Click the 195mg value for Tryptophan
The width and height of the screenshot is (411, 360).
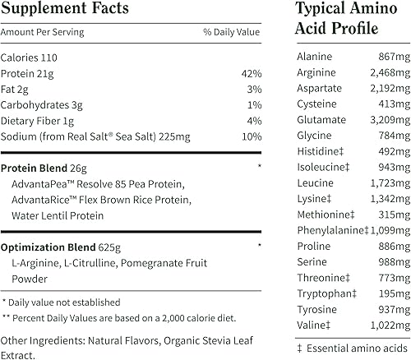[381, 293]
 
